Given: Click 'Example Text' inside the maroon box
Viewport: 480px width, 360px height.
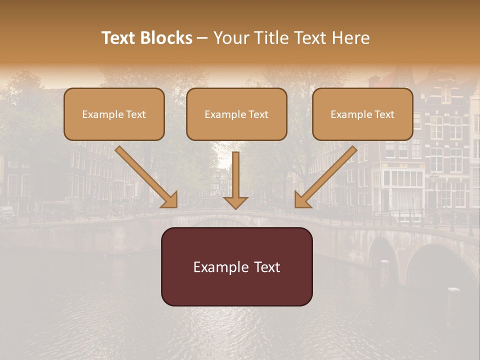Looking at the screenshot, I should point(236,267).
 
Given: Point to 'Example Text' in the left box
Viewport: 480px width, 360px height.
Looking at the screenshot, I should point(114,114).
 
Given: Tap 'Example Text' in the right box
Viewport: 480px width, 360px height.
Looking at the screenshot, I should point(362,114).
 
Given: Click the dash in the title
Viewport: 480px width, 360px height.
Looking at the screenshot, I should point(202,38).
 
